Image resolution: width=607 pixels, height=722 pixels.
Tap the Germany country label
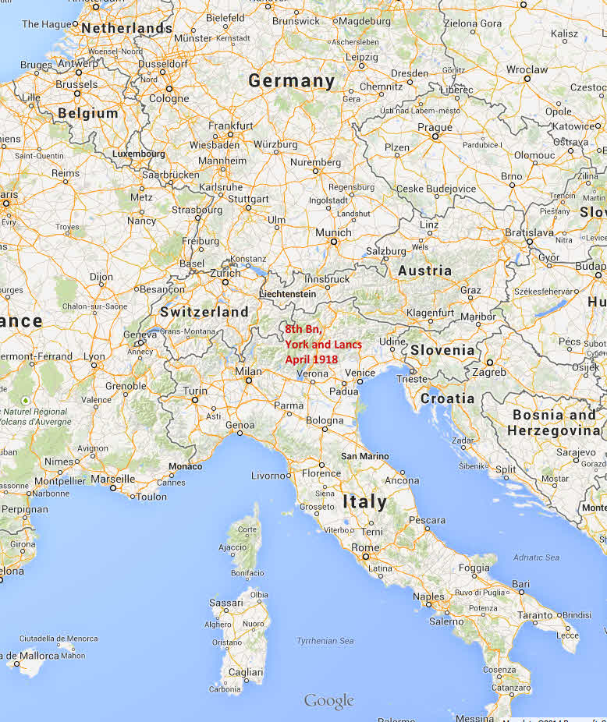[291, 81]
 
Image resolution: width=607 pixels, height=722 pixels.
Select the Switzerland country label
[204, 312]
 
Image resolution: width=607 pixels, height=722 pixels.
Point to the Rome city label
[365, 548]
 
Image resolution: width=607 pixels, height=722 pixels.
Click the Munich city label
[333, 232]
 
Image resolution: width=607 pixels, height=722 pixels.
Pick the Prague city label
[435, 128]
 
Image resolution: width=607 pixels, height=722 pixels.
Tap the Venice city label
[360, 373]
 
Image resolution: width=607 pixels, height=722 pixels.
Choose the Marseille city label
[112, 479]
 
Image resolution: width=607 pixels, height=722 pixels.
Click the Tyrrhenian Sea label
[325, 641]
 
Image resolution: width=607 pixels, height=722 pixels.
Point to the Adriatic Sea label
[536, 557]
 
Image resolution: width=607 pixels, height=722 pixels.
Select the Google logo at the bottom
[328, 701]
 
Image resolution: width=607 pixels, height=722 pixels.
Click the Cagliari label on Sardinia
[245, 671]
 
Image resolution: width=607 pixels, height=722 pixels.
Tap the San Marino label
[360, 455]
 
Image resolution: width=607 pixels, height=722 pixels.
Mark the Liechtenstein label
[288, 294]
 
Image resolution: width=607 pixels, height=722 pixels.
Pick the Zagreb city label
[488, 372]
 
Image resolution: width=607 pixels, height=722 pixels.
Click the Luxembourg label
[139, 154]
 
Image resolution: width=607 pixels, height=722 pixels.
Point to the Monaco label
[185, 466]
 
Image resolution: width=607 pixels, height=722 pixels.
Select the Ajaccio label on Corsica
[233, 547]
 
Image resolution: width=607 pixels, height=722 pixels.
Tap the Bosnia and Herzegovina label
[553, 423]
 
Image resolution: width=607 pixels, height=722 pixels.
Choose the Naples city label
[428, 596]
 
